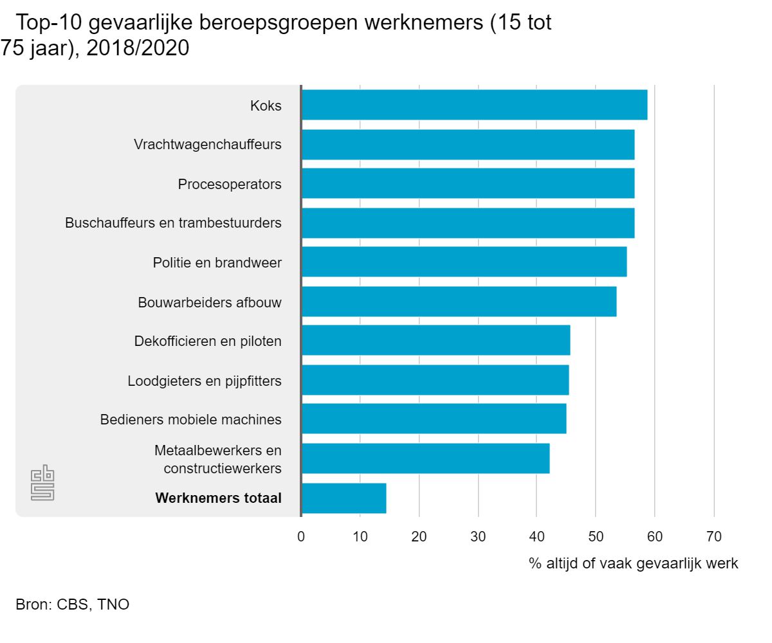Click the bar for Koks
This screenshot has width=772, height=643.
(x=474, y=105)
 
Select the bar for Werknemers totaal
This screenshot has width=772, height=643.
(x=344, y=498)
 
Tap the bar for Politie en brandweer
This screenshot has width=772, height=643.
(x=464, y=262)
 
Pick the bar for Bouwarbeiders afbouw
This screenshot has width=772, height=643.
(x=459, y=302)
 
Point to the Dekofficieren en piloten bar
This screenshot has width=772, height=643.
(x=436, y=341)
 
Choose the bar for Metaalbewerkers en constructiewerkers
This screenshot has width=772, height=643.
(x=425, y=458)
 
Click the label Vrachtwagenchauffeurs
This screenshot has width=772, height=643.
(x=208, y=144)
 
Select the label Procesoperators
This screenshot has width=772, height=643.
(x=230, y=184)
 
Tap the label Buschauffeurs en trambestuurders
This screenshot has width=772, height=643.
(x=173, y=223)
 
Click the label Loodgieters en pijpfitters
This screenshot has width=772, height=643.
(x=205, y=381)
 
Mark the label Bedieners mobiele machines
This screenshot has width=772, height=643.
(x=190, y=420)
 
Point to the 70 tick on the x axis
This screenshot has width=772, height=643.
(x=713, y=536)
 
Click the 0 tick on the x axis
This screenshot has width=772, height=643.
(x=301, y=536)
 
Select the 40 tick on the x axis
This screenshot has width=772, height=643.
(x=537, y=536)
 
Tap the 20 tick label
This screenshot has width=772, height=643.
(x=419, y=536)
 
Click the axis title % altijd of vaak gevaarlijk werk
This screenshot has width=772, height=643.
(x=633, y=564)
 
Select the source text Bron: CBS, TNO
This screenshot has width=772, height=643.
(x=72, y=604)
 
